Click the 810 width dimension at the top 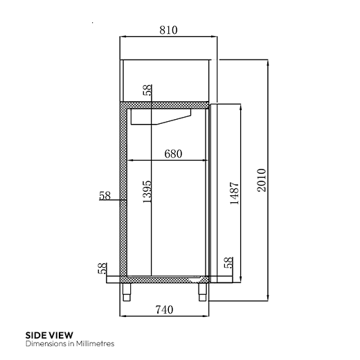(x=168, y=30)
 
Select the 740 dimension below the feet (x=164, y=309)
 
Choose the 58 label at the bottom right (x=228, y=264)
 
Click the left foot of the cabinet (x=128, y=291)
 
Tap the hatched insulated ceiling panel (x=166, y=105)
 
